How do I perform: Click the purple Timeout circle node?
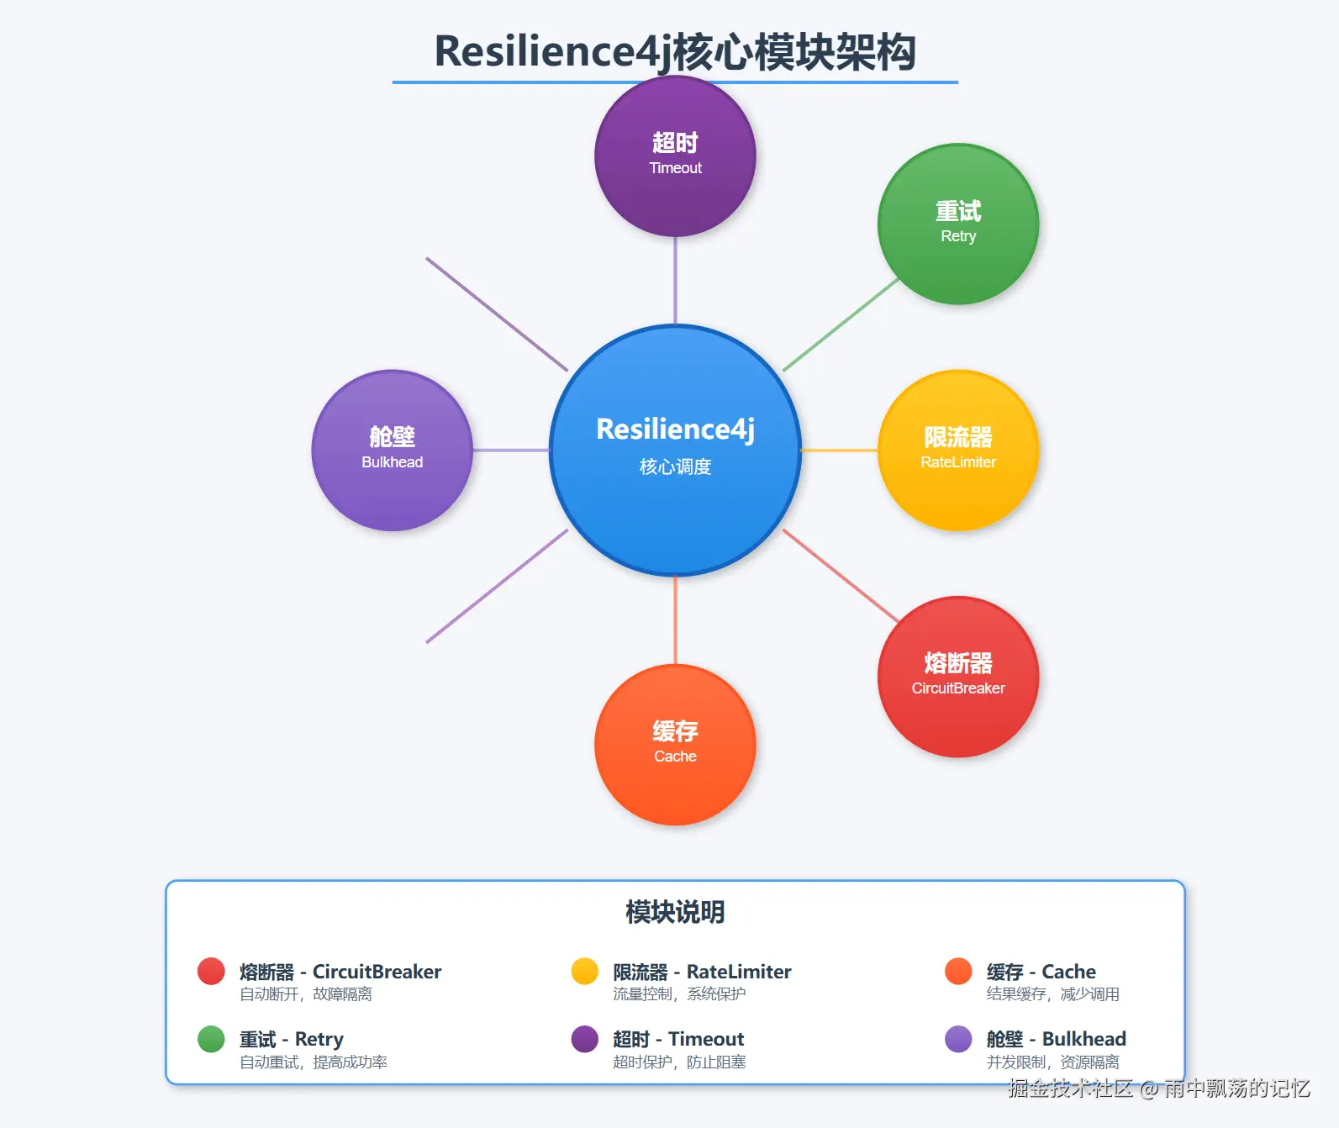tap(675, 156)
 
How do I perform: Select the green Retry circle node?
tap(958, 224)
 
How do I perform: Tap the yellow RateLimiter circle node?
tap(958, 451)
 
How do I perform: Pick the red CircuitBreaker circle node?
tap(958, 677)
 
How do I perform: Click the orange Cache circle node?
tap(675, 745)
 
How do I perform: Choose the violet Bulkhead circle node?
tap(392, 451)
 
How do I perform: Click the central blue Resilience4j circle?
tap(675, 451)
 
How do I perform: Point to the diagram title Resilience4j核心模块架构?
tap(675, 52)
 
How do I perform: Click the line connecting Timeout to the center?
tap(675, 280)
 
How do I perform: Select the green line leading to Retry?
tap(841, 324)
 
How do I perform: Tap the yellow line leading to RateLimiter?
tap(839, 451)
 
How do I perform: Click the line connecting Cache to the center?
tap(675, 620)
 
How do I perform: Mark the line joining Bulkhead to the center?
tap(511, 451)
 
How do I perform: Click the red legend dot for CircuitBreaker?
tap(211, 971)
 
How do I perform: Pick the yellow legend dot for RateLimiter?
tap(584, 971)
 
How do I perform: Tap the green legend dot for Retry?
tap(211, 1039)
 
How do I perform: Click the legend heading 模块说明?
tap(675, 912)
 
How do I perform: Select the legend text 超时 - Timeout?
tap(678, 1039)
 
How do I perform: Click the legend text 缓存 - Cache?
tap(1041, 972)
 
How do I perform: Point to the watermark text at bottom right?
tap(1159, 1088)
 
